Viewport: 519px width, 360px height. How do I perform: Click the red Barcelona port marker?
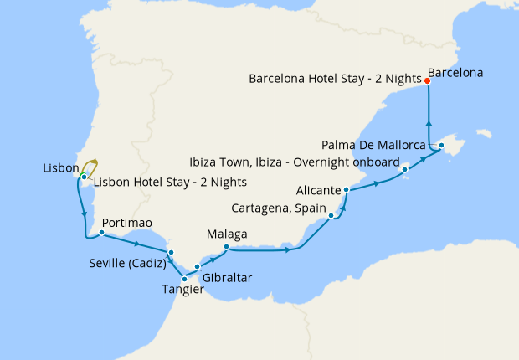428,81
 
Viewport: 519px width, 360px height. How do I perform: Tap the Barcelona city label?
455,73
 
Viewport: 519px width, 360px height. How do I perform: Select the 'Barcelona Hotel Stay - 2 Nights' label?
335,79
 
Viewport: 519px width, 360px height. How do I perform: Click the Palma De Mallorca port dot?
441,147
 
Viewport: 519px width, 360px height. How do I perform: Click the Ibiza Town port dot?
405,170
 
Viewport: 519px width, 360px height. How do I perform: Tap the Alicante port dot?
346,191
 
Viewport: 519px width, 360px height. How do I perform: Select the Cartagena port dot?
332,216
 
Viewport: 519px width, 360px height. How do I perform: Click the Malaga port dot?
227,246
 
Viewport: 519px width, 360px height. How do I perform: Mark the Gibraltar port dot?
197,267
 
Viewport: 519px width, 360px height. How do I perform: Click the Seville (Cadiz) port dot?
170,252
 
